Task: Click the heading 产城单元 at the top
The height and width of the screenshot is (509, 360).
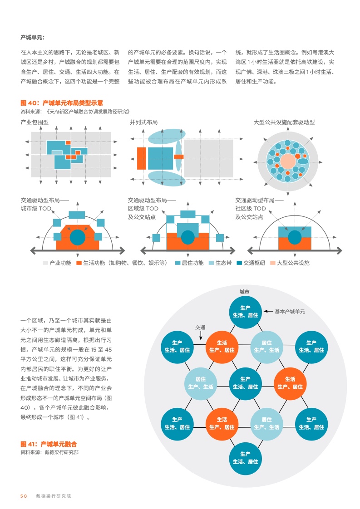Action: [x=33, y=38]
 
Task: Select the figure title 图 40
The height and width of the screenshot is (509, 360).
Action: [x=62, y=103]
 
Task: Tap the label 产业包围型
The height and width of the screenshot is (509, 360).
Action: [x=35, y=122]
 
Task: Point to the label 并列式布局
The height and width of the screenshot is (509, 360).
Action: [x=143, y=122]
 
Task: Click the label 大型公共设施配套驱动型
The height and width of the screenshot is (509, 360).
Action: [x=284, y=122]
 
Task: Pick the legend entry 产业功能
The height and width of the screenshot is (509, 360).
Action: [x=57, y=263]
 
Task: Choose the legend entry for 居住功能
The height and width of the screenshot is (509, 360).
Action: [x=189, y=263]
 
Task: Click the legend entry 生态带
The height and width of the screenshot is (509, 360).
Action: [x=220, y=263]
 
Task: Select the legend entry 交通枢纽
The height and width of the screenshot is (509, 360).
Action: [x=251, y=263]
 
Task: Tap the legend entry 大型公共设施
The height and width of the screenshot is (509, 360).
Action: [x=290, y=263]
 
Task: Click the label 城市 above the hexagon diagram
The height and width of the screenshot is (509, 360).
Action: [x=245, y=292]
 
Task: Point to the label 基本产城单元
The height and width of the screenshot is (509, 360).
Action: [x=290, y=312]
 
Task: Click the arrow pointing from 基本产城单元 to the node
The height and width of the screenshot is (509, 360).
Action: [x=268, y=312]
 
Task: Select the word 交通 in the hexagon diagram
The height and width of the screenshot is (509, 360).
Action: [x=200, y=328]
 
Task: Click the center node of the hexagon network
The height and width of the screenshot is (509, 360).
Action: [x=245, y=383]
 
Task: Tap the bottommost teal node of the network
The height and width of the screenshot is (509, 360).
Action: [x=245, y=458]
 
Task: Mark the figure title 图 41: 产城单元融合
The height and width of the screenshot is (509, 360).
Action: [x=49, y=444]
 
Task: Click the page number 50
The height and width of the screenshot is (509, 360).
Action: [x=24, y=496]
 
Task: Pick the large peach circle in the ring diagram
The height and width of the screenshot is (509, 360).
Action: [x=288, y=162]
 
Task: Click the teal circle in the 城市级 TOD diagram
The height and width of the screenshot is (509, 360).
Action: [x=78, y=237]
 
